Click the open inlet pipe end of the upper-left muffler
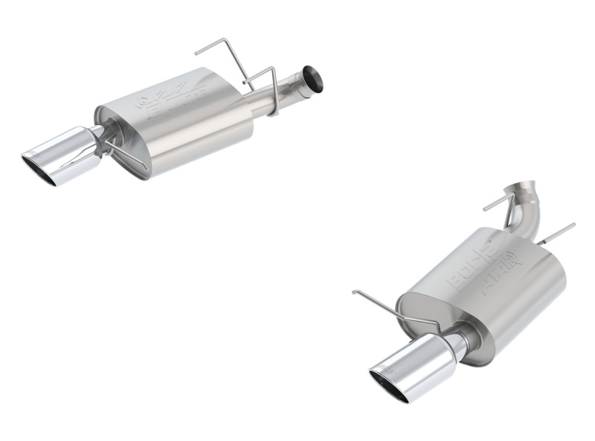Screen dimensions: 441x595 click(312, 79)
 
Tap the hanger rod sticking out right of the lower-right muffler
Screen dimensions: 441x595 click(558, 232)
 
